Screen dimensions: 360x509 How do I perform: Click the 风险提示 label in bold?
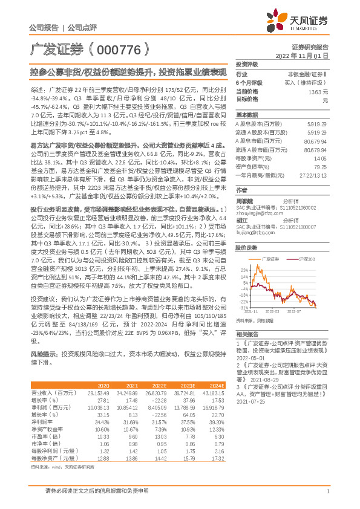[42, 354]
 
